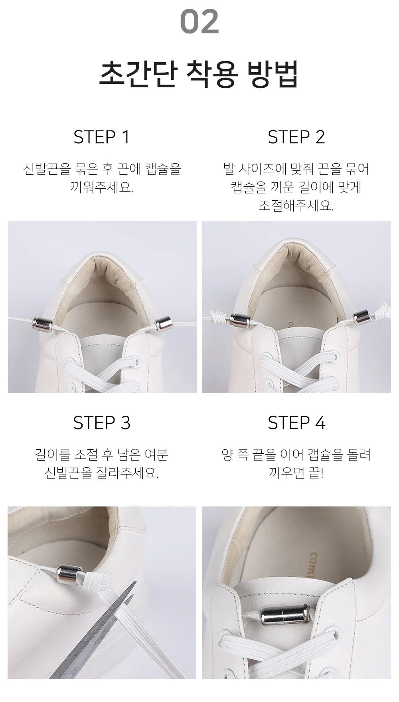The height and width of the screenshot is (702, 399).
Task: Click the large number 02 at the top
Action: click(x=199, y=22)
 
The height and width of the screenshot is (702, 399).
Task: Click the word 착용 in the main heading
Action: click(x=212, y=74)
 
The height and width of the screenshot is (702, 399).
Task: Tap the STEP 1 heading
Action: click(x=102, y=137)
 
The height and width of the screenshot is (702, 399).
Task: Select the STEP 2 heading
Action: click(x=296, y=137)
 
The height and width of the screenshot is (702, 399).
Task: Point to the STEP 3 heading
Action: click(x=102, y=423)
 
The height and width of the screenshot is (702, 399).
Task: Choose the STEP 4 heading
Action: click(x=296, y=423)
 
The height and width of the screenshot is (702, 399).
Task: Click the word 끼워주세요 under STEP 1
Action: click(x=102, y=187)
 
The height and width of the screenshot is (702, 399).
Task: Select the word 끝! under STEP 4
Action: click(x=316, y=473)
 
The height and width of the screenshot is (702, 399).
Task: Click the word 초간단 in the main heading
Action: click(x=137, y=74)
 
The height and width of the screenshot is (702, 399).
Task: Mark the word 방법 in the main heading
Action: click(x=273, y=74)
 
